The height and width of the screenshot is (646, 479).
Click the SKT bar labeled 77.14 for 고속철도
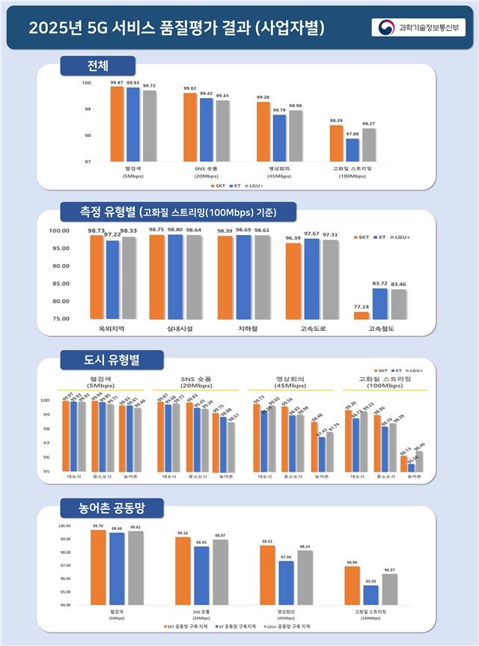click(x=361, y=315)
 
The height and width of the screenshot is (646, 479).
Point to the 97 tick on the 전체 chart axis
click(x=87, y=162)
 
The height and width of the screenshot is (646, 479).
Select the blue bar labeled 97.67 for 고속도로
click(x=311, y=278)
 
